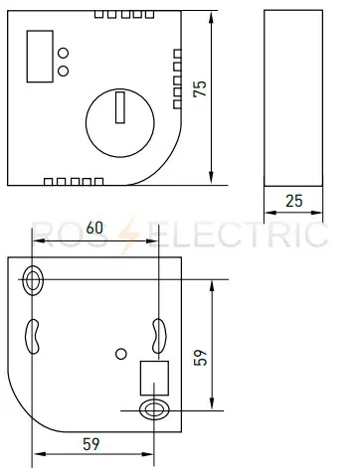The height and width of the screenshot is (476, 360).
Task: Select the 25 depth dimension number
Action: tap(293, 200)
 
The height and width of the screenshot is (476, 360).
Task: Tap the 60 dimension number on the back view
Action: tap(95, 228)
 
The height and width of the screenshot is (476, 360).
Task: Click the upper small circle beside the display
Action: tap(64, 53)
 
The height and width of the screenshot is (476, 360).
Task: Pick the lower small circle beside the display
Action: tap(64, 70)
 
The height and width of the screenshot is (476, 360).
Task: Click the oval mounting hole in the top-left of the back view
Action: tap(36, 280)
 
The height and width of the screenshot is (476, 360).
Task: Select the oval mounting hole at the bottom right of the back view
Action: tap(153, 409)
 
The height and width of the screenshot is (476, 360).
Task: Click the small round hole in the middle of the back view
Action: tap(121, 353)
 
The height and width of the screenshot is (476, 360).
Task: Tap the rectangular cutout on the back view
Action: tap(154, 377)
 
